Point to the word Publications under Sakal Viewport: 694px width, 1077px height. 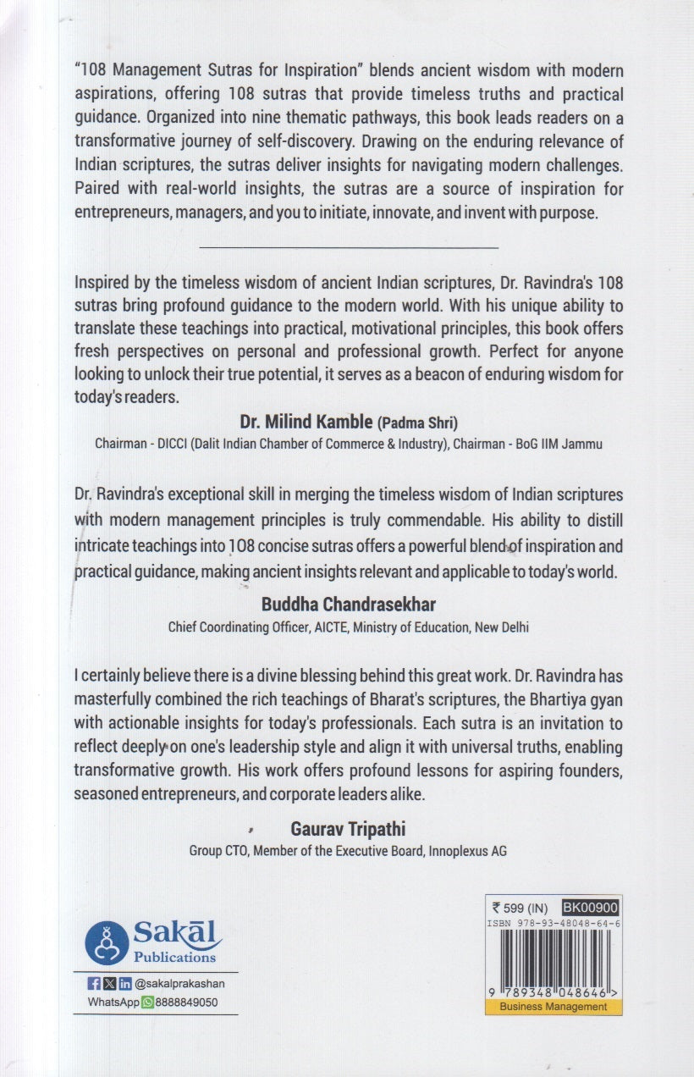point(175,958)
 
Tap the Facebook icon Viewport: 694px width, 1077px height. point(94,983)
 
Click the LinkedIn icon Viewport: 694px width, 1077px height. point(125,983)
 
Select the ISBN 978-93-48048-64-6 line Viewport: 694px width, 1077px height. point(554,924)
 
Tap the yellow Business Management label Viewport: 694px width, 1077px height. point(554,1007)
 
